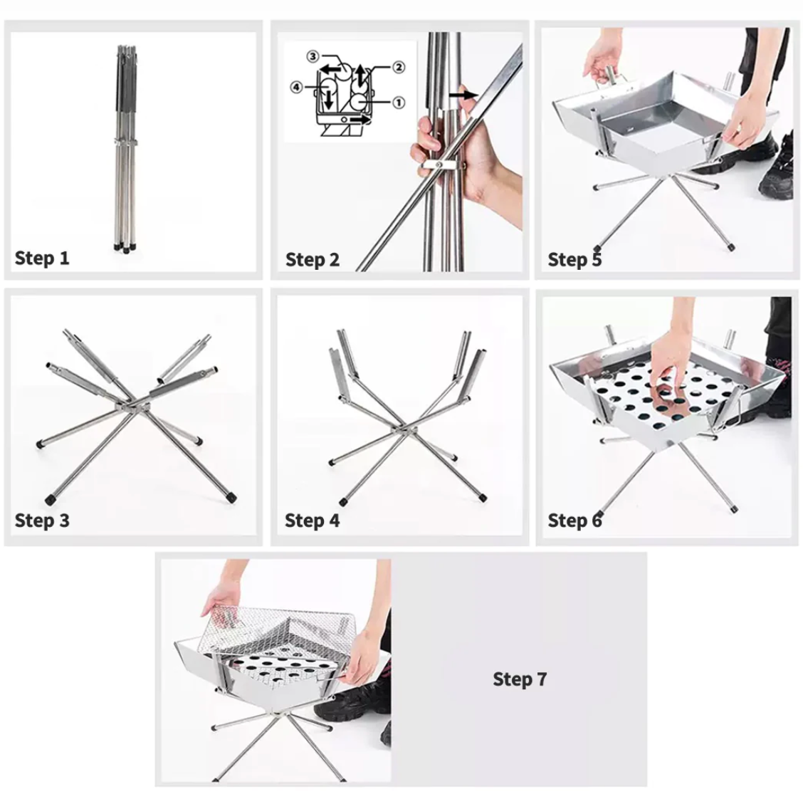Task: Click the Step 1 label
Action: point(42,258)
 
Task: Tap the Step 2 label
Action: point(313,259)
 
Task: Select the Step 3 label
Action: point(42,521)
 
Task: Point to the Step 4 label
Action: point(312,521)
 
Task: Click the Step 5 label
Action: point(574,259)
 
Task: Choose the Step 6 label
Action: point(574,521)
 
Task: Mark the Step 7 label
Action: point(520,679)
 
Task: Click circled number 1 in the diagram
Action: point(399,103)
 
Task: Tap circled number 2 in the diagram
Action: point(399,67)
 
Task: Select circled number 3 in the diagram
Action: point(313,56)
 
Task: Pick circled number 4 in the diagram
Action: point(297,87)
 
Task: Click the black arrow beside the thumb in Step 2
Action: point(463,95)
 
